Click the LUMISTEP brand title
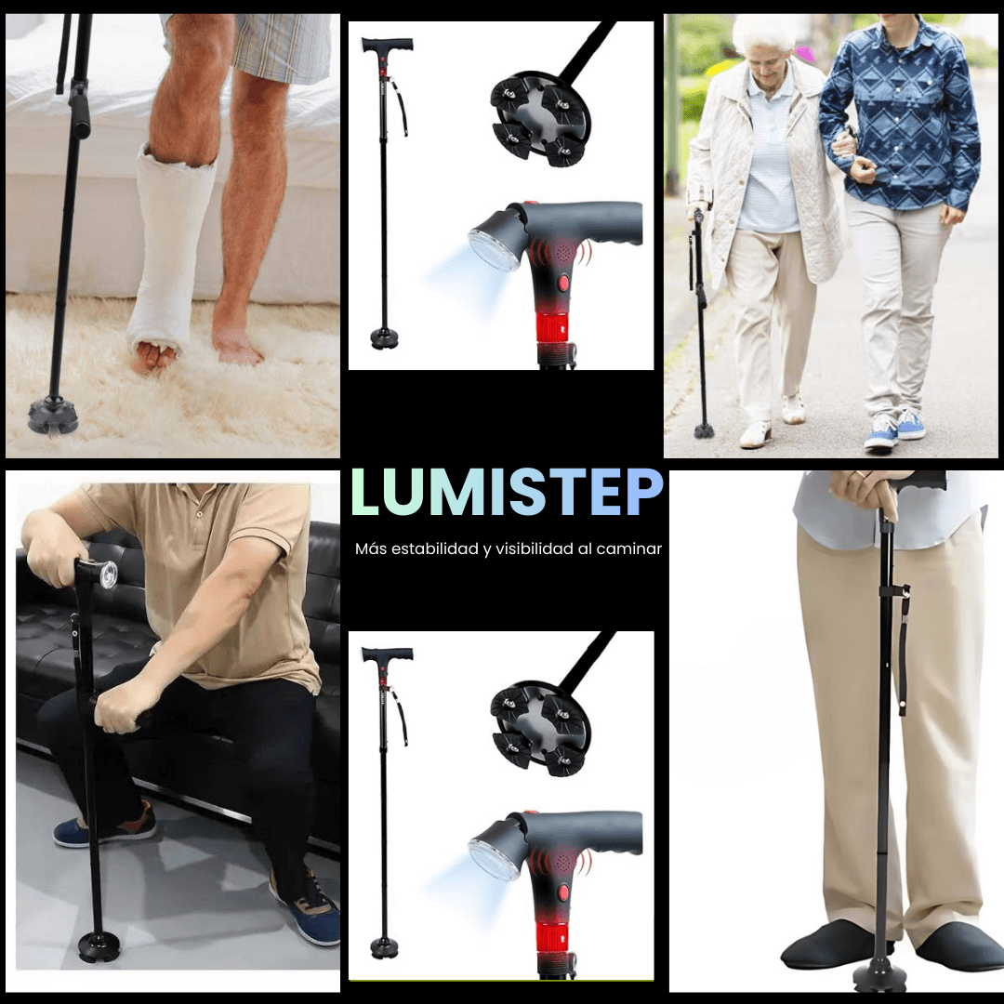(x=507, y=492)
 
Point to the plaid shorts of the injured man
(x=279, y=42)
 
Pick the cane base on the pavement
(x=704, y=430)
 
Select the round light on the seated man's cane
(x=109, y=573)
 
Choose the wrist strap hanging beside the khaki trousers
(x=903, y=651)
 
